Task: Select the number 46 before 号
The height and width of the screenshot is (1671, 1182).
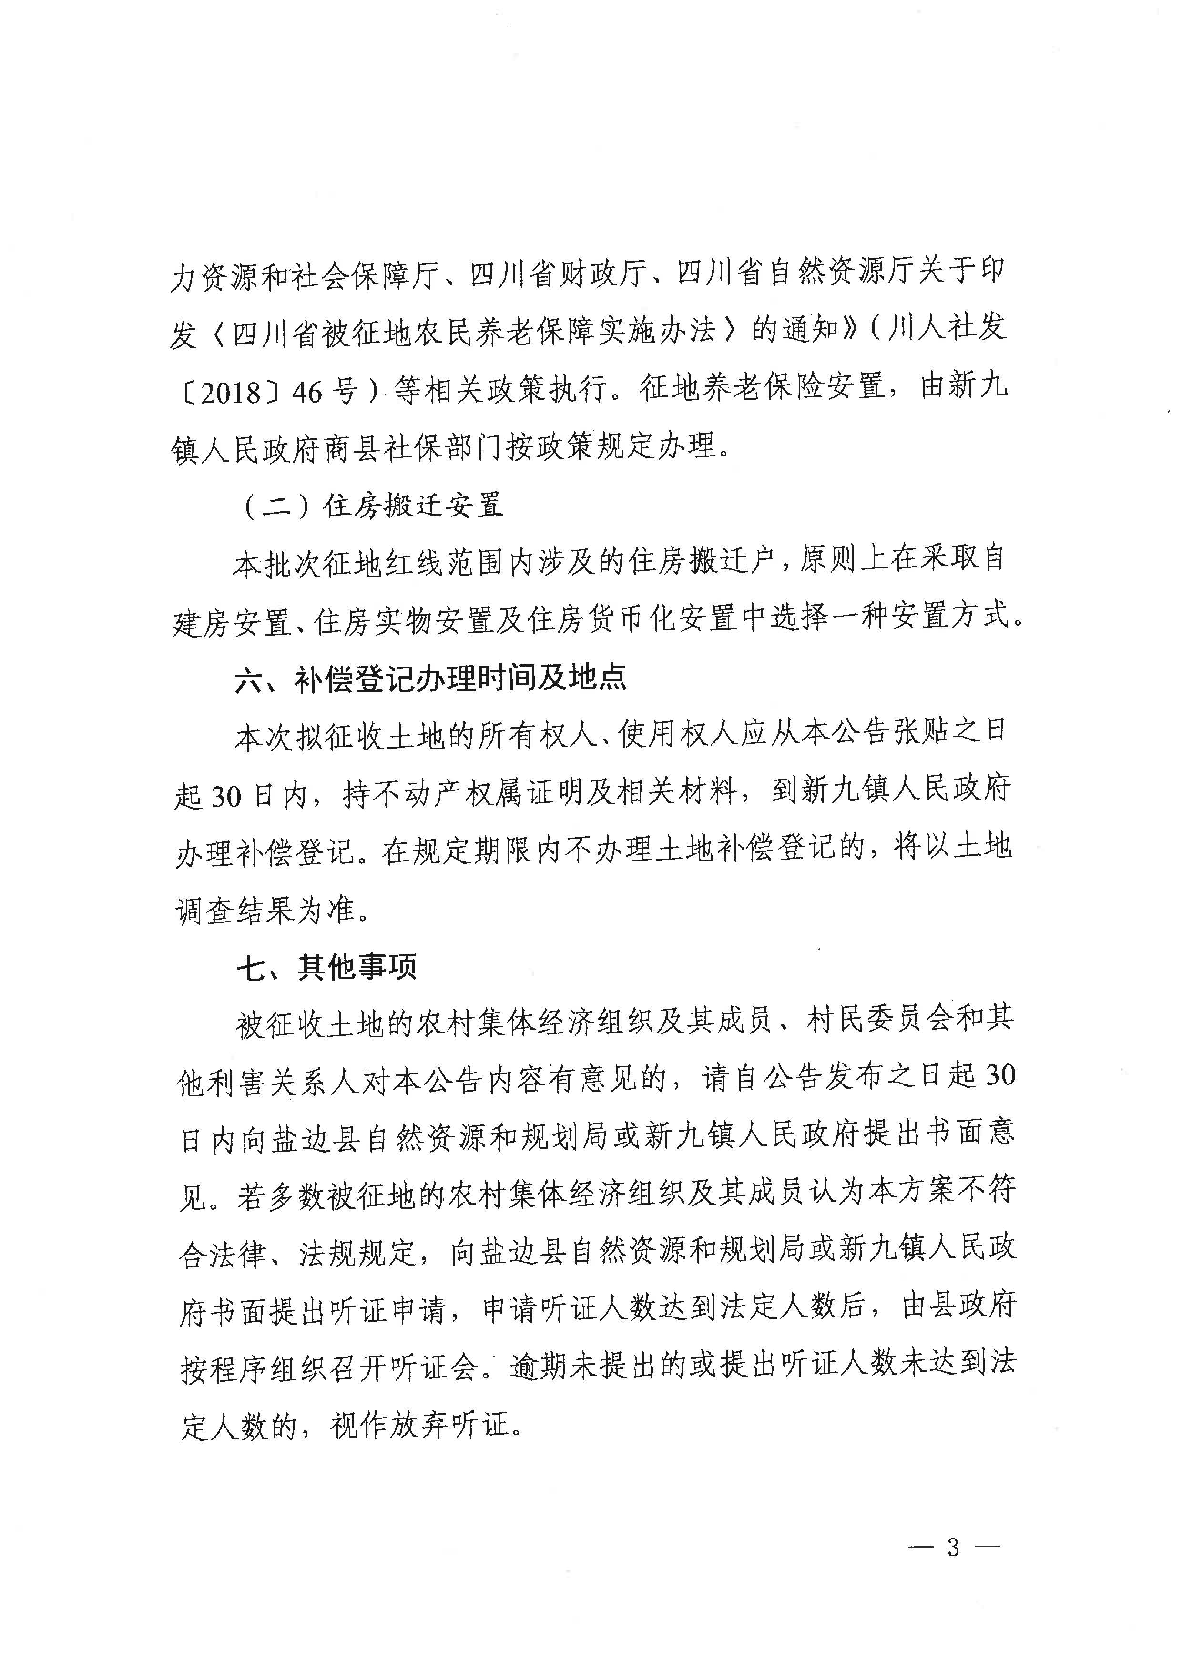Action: (306, 393)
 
